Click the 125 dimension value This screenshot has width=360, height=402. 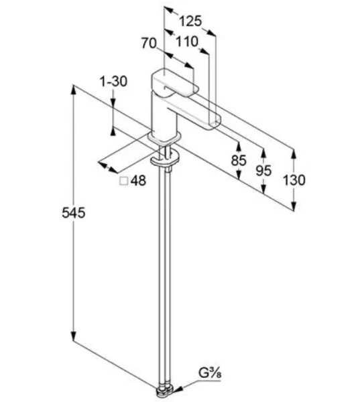190,21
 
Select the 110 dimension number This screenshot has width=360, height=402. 187,42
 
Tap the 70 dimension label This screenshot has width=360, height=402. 149,43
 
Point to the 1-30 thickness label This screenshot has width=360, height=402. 113,82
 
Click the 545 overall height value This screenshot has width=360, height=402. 73,213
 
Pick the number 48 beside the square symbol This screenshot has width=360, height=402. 138,180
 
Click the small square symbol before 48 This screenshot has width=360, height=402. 124,181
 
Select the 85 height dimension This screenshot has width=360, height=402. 239,161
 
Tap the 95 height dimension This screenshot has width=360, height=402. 263,170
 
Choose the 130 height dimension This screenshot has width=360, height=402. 294,180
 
